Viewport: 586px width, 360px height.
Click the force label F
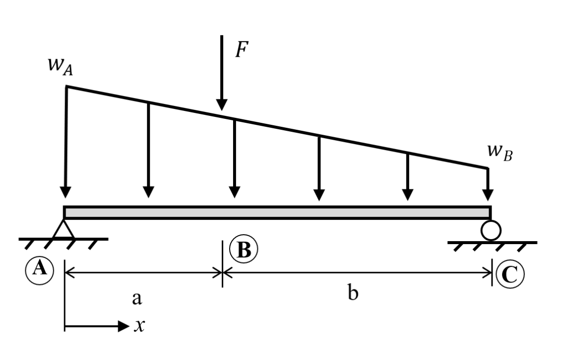[242, 51]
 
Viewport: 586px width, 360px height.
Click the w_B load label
[499, 152]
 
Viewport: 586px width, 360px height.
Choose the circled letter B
[244, 250]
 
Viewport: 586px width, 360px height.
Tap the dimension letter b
[353, 294]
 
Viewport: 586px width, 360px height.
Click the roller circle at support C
[491, 230]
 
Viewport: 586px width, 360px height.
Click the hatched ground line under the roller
[492, 243]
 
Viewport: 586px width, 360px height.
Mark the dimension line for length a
[143, 272]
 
